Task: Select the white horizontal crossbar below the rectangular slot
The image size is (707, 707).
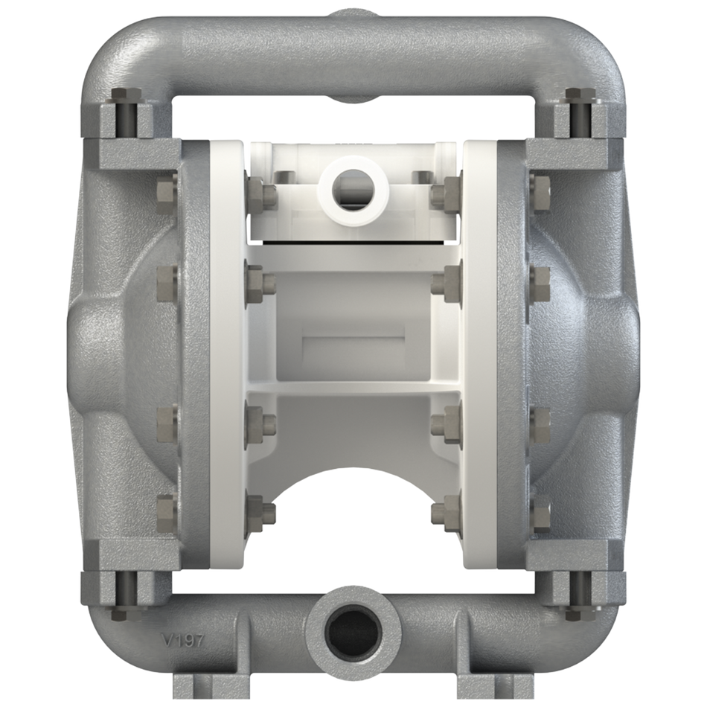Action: [x=353, y=387]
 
